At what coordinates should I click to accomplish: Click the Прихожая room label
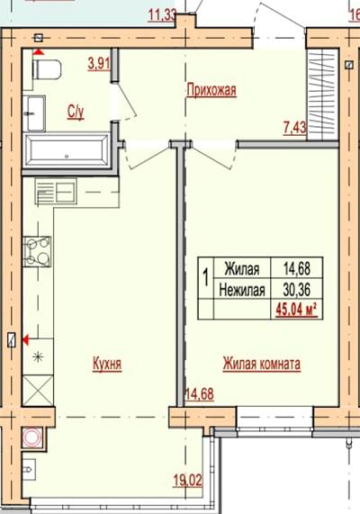point(211,90)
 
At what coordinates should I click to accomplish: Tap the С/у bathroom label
point(76,112)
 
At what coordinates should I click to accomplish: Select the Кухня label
point(107,364)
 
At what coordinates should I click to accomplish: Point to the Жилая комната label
point(262,364)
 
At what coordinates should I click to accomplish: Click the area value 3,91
point(99,64)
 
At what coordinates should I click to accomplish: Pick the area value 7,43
point(294,128)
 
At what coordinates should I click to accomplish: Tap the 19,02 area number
point(188,481)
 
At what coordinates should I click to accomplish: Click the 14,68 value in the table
point(297,268)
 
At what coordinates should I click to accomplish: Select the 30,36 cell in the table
point(297,290)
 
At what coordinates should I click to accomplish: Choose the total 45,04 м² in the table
point(297,310)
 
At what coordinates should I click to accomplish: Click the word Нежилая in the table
point(242,290)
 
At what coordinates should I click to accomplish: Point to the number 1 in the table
point(206,278)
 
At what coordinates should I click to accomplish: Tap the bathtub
point(67,151)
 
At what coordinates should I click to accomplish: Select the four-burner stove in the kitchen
point(37,252)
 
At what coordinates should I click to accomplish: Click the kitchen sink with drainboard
point(56,191)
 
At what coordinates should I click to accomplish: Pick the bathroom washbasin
point(34,113)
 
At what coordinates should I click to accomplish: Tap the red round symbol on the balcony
point(32,437)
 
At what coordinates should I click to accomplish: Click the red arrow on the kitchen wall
point(25,340)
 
